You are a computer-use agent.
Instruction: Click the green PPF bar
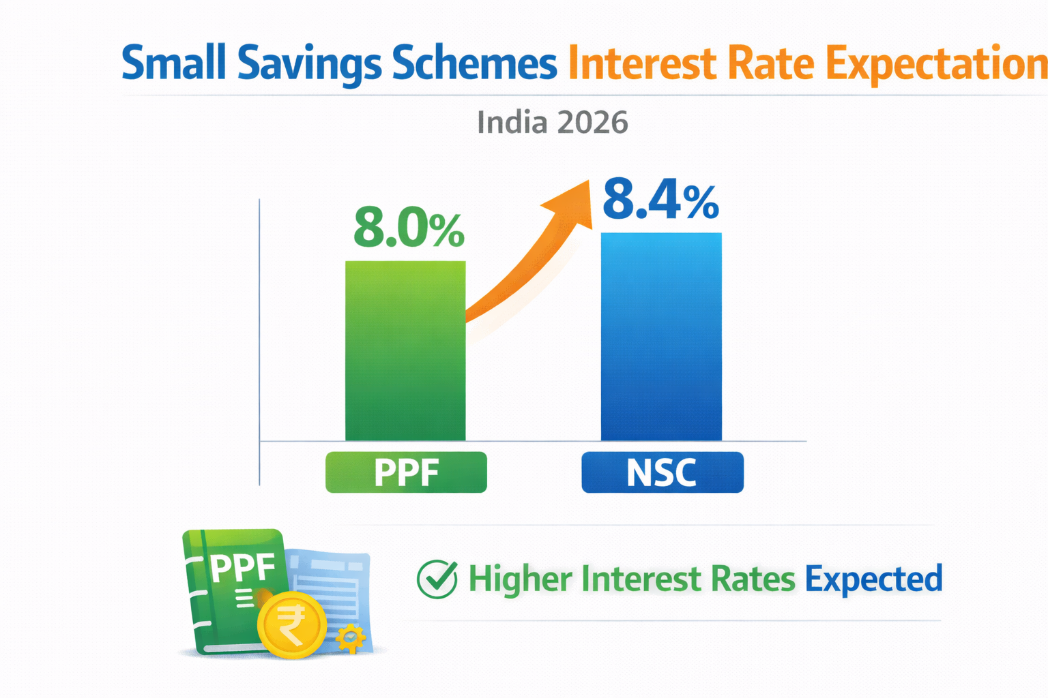[405, 351]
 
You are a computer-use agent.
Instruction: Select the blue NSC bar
[660, 337]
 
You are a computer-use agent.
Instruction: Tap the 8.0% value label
[408, 228]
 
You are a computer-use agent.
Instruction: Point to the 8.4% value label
[660, 200]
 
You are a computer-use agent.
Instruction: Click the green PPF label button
[406, 472]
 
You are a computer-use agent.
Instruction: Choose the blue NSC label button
[662, 472]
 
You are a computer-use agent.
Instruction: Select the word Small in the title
[173, 63]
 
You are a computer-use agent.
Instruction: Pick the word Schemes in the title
[474, 63]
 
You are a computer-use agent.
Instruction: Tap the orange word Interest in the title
[641, 63]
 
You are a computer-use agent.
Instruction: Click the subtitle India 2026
[552, 123]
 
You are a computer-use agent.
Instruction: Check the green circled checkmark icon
[437, 579]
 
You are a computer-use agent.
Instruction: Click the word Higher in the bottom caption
[520, 579]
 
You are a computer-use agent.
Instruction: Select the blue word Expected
[873, 580]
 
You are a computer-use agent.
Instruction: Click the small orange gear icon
[351, 639]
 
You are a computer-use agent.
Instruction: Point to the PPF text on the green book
[243, 567]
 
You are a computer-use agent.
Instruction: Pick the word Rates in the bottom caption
[753, 579]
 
